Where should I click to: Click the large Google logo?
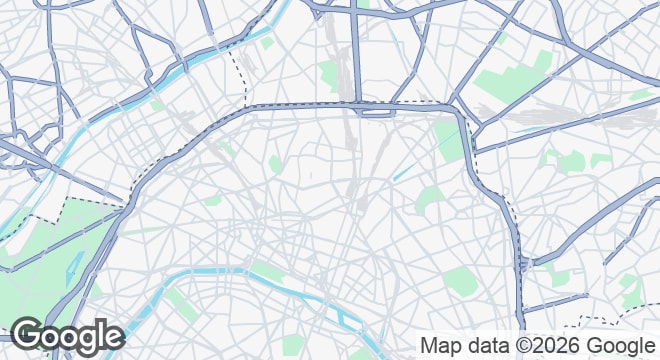tap(67, 336)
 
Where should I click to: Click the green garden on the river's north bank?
tap(265, 269)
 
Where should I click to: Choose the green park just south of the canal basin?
tap(430, 199)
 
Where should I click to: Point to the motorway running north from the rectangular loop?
tap(355, 50)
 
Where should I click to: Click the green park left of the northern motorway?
tap(330, 73)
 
